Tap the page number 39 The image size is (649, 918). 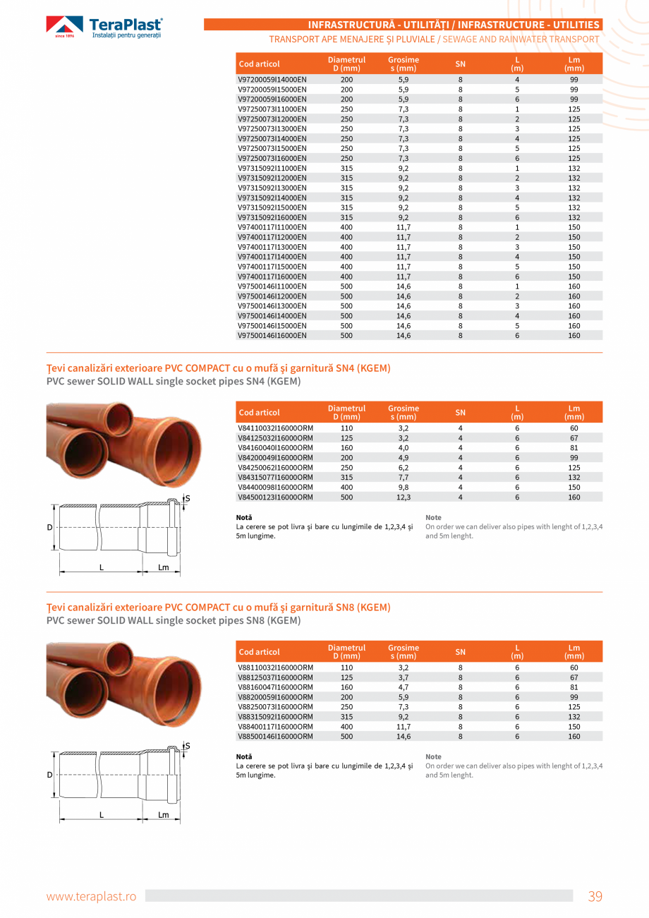(x=595, y=896)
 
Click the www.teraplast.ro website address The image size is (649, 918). (x=91, y=896)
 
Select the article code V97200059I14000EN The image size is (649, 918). (x=272, y=80)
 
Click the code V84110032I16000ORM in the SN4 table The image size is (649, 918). (x=275, y=428)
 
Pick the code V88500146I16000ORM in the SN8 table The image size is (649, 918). (x=275, y=736)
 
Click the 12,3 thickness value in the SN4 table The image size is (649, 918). (x=404, y=497)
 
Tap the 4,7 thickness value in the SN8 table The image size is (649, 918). (x=404, y=687)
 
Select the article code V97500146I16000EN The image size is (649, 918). (x=272, y=335)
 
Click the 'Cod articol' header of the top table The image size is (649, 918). (x=260, y=64)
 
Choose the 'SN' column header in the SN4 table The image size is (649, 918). (x=461, y=412)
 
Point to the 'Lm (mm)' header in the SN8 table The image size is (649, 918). (x=574, y=651)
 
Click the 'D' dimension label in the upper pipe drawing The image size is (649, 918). (x=49, y=527)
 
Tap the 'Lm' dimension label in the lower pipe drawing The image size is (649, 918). (x=164, y=814)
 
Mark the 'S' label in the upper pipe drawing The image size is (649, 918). (x=188, y=499)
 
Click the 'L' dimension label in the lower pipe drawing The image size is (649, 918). (x=102, y=814)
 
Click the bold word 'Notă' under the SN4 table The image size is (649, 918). (x=244, y=517)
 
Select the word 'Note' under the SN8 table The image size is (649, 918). (x=433, y=756)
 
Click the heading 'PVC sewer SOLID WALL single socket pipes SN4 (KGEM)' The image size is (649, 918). (x=174, y=382)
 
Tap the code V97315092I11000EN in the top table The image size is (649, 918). (x=272, y=168)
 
